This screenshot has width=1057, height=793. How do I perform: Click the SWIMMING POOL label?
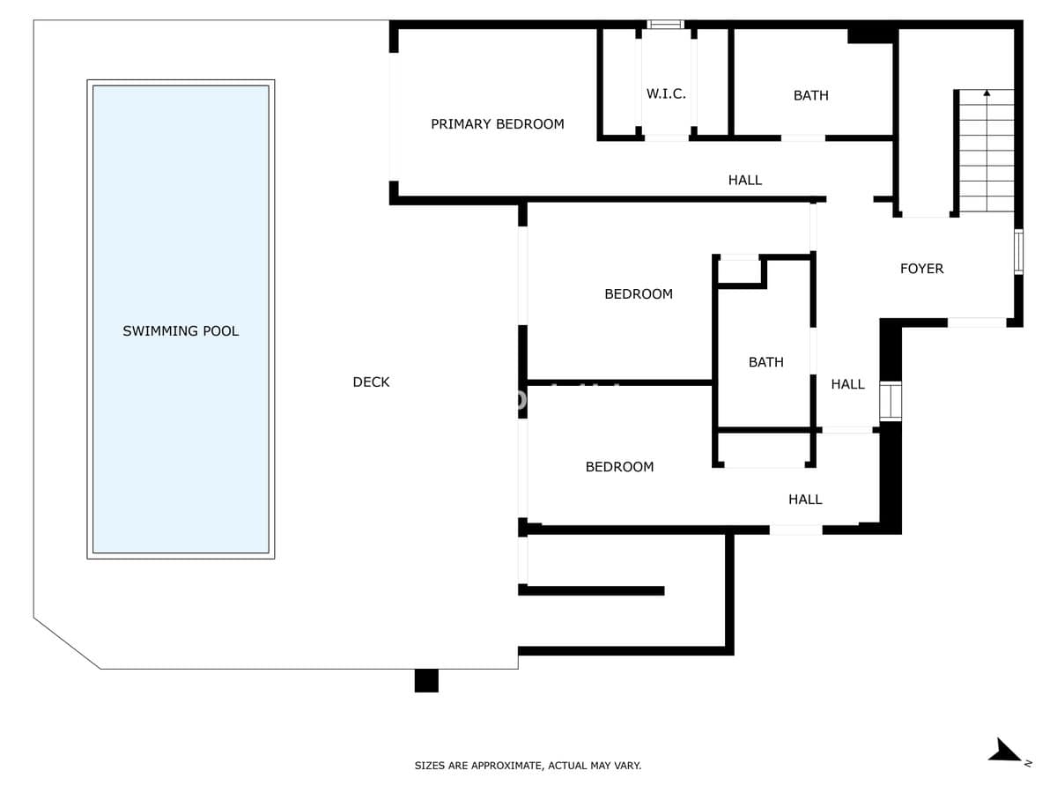click(x=181, y=330)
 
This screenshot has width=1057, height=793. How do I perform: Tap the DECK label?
click(x=371, y=382)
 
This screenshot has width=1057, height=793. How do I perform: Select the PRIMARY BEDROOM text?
click(x=498, y=123)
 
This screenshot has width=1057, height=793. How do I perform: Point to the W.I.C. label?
click(x=666, y=93)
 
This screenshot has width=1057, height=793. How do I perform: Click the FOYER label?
click(x=921, y=268)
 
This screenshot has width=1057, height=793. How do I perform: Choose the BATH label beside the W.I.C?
click(x=811, y=95)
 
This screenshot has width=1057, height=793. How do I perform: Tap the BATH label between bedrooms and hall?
click(x=765, y=361)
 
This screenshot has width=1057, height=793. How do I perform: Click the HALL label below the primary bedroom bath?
click(x=745, y=180)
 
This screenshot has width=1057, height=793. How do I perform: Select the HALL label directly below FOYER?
click(x=847, y=384)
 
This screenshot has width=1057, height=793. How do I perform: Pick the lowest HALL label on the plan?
click(x=805, y=499)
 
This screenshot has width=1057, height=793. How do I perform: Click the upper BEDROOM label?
click(x=639, y=293)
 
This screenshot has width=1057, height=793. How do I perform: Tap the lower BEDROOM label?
click(x=619, y=466)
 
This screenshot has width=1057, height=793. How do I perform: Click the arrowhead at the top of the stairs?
click(x=987, y=93)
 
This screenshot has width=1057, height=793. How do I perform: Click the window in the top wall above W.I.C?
click(x=665, y=25)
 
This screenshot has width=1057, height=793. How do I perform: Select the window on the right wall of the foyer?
click(x=1018, y=252)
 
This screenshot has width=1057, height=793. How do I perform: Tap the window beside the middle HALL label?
click(x=891, y=401)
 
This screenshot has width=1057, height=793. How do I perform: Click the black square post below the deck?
click(x=426, y=680)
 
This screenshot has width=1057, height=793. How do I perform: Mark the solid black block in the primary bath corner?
click(x=872, y=35)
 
